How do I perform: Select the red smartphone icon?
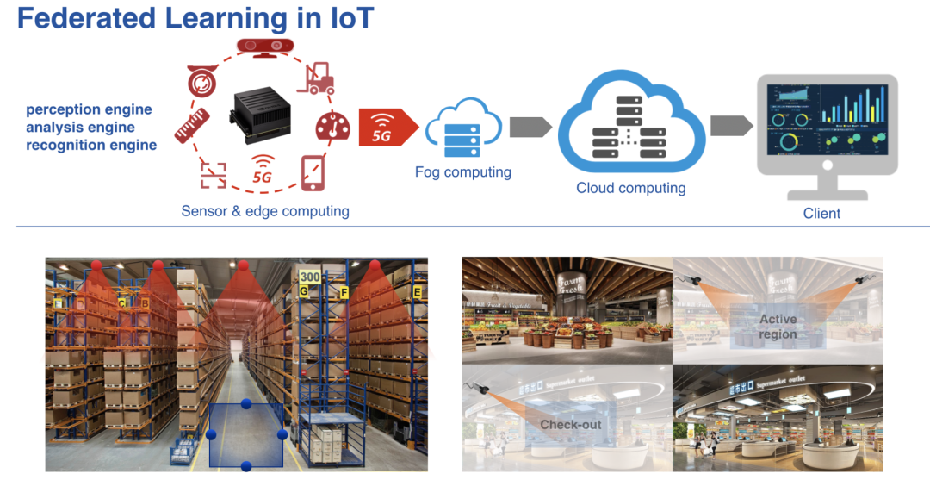tap(313, 172)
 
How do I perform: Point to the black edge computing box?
tap(261, 115)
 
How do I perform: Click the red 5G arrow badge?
tap(385, 128)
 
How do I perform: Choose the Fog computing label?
tap(462, 172)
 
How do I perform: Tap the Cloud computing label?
tap(631, 188)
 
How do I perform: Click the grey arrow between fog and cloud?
tap(530, 127)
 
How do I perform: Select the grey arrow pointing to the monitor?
tap(730, 126)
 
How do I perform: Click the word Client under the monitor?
tap(821, 213)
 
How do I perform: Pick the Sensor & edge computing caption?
tap(265, 211)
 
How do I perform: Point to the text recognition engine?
tap(91, 146)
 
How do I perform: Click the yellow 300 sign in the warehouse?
tap(310, 277)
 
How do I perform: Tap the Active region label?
tap(778, 327)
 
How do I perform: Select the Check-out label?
tap(570, 425)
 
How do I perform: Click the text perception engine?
tap(89, 109)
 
